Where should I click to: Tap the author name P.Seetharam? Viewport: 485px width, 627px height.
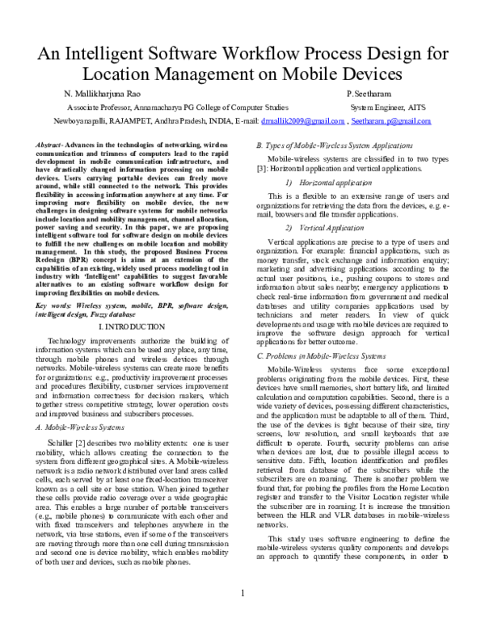[x=368, y=93]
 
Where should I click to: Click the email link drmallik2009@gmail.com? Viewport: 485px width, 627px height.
[x=301, y=120]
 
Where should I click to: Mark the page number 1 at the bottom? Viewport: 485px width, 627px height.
[x=242, y=616]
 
